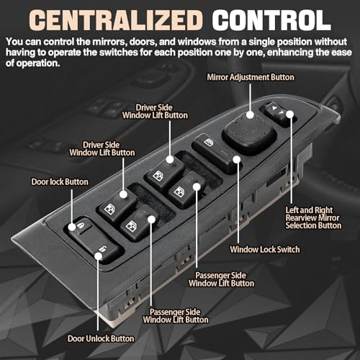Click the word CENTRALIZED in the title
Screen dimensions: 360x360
[116, 20]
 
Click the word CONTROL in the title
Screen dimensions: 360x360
[271, 20]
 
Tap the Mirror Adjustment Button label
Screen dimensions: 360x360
[251, 77]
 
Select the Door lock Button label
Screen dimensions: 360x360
[60, 181]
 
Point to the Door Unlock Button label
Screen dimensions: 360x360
[101, 338]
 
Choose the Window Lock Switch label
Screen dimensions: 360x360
[265, 249]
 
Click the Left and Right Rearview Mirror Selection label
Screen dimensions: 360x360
[313, 218]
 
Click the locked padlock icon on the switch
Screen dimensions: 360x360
[80, 225]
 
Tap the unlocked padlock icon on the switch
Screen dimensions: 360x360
[103, 249]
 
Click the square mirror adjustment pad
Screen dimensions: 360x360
[250, 136]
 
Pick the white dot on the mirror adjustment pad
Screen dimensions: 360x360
[250, 114]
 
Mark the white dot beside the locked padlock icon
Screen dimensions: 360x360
[72, 227]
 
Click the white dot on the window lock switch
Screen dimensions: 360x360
[237, 159]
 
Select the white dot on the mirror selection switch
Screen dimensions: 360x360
[290, 114]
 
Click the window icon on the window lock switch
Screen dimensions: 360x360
[209, 143]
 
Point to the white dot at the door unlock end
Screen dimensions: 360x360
[98, 256]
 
